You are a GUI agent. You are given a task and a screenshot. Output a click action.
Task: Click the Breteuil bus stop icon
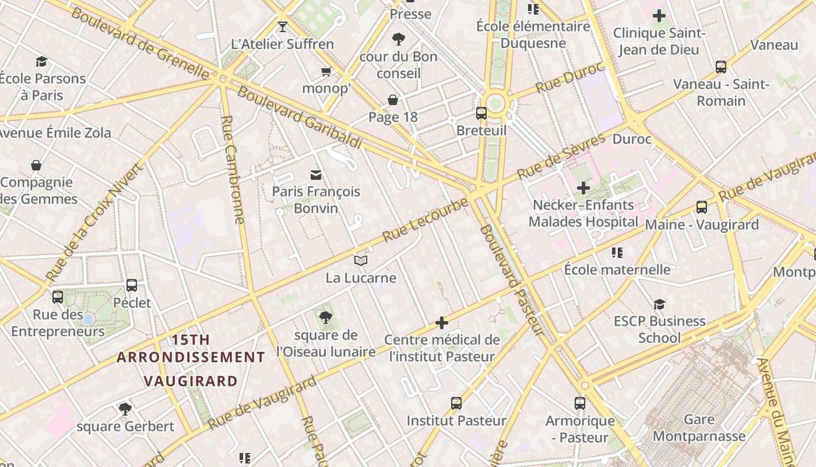[481, 113]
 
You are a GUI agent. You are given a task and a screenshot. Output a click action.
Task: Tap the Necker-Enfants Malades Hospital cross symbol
[583, 188]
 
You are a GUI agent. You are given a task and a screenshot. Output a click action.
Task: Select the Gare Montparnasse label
[699, 428]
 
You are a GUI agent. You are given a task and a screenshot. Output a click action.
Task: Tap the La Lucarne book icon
[361, 260]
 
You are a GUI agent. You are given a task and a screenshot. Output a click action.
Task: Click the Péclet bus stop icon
[132, 285]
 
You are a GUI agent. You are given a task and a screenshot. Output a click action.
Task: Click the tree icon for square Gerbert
[125, 409]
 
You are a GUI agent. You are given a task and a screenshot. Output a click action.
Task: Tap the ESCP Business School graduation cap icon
[659, 304]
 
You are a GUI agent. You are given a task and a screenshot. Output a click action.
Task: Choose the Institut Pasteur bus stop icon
[456, 403]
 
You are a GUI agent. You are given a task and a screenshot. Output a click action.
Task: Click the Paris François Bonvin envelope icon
[316, 174]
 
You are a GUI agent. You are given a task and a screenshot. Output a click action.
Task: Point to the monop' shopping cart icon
[326, 71]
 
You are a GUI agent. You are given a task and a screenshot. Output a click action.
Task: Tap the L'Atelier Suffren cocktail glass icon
[283, 26]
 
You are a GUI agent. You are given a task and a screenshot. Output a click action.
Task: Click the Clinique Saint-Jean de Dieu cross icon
[659, 16]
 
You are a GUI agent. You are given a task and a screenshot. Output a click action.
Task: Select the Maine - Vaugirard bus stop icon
[702, 207]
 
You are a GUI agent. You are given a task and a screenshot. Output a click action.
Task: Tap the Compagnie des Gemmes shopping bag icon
[36, 165]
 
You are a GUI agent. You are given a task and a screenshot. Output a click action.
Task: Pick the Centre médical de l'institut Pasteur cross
[442, 322]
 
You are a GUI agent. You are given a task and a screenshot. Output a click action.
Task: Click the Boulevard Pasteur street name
[512, 280]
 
